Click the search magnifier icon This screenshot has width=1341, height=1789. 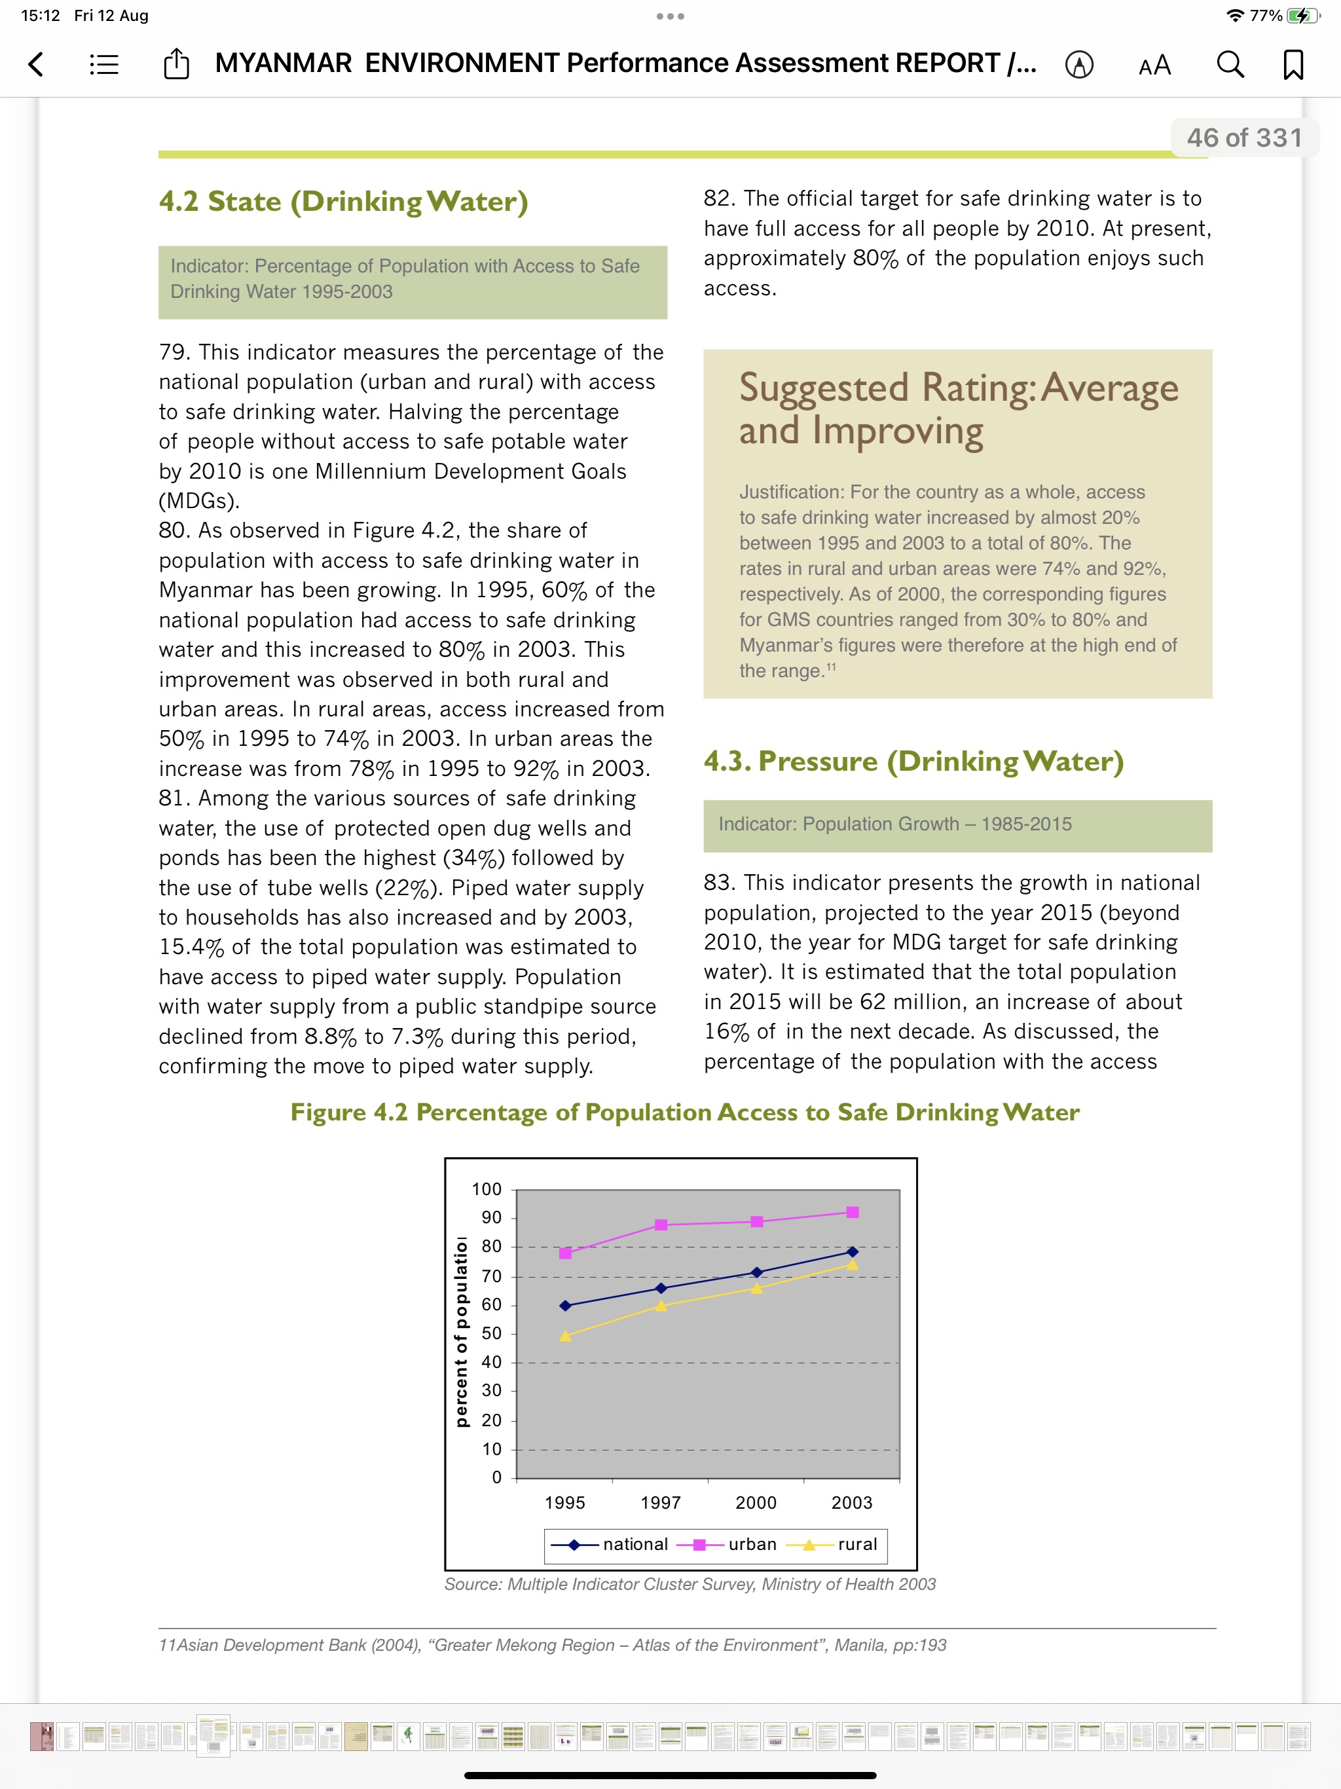pyautogui.click(x=1230, y=64)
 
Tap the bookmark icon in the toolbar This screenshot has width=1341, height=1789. pyautogui.click(x=1293, y=64)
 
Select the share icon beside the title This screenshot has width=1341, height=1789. pyautogui.click(x=176, y=64)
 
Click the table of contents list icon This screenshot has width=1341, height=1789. pyautogui.click(x=103, y=64)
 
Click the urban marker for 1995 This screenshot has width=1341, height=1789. pyautogui.click(x=565, y=1253)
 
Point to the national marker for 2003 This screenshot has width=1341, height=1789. pyautogui.click(x=852, y=1251)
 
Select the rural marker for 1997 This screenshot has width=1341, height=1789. pyautogui.click(x=661, y=1305)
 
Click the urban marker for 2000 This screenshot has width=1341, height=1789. pyautogui.click(x=756, y=1221)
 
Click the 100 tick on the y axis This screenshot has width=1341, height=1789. pyautogui.click(x=487, y=1189)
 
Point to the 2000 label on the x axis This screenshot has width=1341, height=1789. pyautogui.click(x=756, y=1502)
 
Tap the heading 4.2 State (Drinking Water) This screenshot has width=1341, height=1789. pyautogui.click(x=343, y=202)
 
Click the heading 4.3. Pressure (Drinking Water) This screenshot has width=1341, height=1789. pyautogui.click(x=913, y=761)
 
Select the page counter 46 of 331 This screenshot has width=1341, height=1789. pyautogui.click(x=1244, y=138)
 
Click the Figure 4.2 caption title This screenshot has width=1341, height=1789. pyautogui.click(x=684, y=1112)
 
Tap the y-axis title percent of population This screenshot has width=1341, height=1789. pyautogui.click(x=461, y=1333)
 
